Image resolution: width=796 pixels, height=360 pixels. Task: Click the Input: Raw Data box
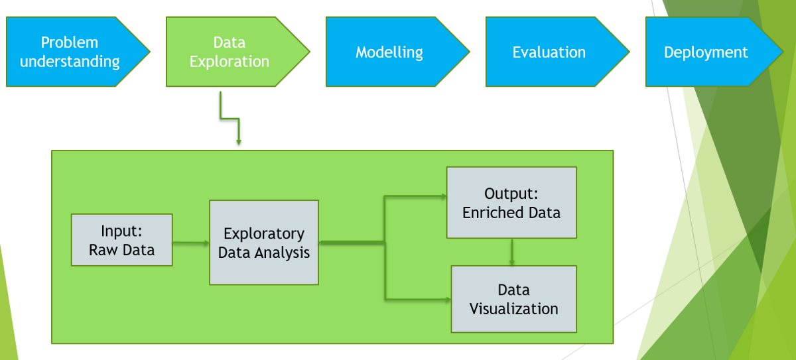point(121,240)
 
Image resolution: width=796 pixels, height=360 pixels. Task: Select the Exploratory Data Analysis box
point(263,243)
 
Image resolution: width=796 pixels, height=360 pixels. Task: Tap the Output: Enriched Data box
point(511,203)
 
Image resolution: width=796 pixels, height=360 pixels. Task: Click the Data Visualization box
point(513,299)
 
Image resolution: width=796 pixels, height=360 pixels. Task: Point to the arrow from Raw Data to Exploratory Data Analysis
point(190,243)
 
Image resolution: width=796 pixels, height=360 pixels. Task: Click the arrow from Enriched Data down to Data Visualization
point(511,252)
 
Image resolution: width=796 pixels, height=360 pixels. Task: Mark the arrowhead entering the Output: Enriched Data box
point(442,196)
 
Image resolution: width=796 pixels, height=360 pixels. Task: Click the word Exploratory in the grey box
point(263,234)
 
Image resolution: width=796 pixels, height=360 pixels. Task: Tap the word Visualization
point(513,309)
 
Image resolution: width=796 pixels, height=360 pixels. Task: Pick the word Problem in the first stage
point(70,42)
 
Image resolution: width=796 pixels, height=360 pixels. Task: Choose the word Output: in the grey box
point(511,194)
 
